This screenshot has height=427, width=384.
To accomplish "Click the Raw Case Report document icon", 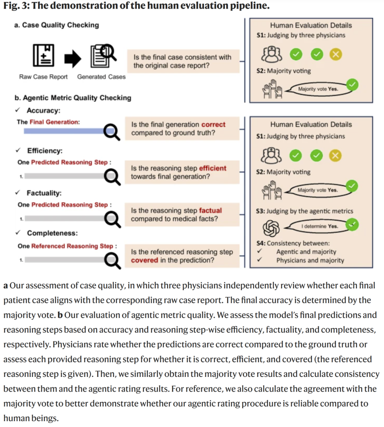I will click(43, 56).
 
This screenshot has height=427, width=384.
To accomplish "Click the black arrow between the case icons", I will click(73, 58).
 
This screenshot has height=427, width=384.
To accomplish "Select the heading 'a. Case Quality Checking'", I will click(57, 25).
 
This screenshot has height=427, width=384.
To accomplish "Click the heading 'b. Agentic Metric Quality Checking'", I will click(73, 98).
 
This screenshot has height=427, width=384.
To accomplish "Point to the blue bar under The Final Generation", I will click(64, 131).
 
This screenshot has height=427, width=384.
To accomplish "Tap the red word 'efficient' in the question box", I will click(213, 168).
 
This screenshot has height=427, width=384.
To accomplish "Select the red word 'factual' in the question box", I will click(210, 211).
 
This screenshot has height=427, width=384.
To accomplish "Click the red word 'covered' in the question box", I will click(144, 260).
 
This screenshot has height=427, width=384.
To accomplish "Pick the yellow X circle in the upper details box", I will click(335, 54).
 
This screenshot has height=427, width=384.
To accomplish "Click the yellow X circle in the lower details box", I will click(335, 155).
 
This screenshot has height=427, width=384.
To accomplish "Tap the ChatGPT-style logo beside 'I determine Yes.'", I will click(271, 228).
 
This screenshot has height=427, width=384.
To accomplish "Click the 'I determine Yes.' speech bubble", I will click(319, 226).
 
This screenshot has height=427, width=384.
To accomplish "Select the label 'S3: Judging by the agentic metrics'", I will click(304, 211).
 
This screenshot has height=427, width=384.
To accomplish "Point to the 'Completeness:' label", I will click(52, 233).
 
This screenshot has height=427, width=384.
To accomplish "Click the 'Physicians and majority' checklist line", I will click(310, 260).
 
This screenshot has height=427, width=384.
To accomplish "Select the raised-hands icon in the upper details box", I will click(272, 89).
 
